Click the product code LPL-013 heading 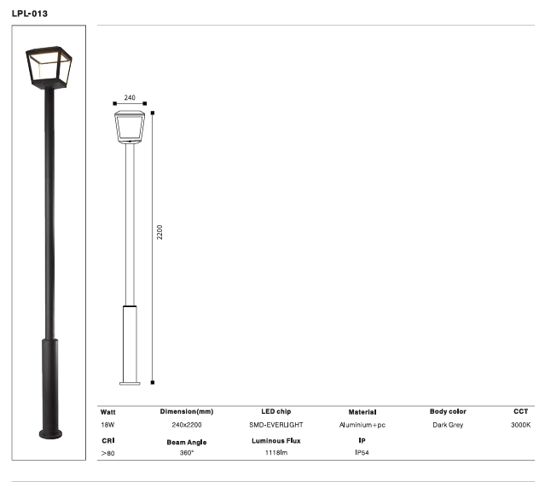(30, 14)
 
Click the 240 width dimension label (130, 98)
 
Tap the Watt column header (108, 411)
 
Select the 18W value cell (107, 424)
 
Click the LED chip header (275, 411)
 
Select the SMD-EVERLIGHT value (275, 424)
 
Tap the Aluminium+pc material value (362, 424)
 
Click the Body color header (448, 411)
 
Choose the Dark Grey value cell (448, 424)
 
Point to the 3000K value (520, 424)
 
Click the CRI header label (107, 440)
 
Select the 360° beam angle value (187, 453)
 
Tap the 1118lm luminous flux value (275, 453)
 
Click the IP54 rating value (362, 453)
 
